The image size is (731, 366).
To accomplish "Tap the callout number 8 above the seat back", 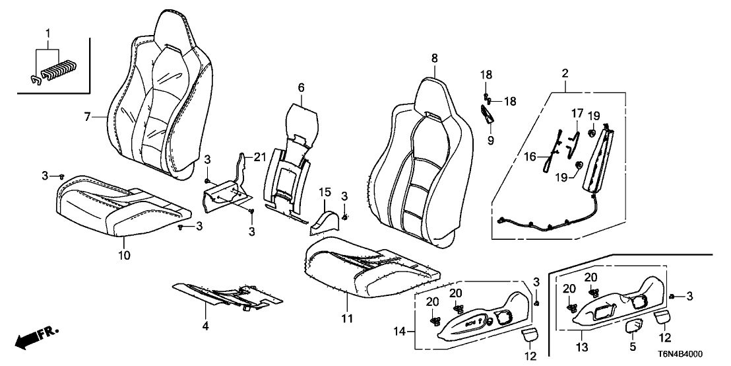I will pos(434,59).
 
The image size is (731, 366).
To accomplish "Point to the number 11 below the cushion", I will pos(348,318).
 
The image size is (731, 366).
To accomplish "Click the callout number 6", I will pos(302,87).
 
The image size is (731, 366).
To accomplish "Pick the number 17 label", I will pos(575,113).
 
